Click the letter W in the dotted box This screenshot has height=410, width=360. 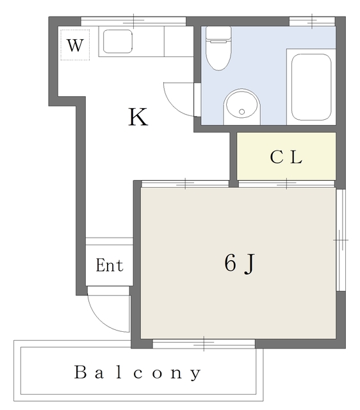coord(76,45)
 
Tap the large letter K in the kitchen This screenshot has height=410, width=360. coord(138,117)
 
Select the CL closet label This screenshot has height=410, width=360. coord(286,157)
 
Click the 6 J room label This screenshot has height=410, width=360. coord(239,263)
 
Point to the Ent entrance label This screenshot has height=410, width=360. coord(110,265)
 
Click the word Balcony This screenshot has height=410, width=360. coord(138,373)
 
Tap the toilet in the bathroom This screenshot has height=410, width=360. coord(218,49)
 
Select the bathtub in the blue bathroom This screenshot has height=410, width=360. coord(311,87)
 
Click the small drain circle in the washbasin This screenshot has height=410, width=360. coord(242,112)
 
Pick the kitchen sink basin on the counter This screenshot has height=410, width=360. coord(118,41)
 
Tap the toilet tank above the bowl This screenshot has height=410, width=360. coord(218,33)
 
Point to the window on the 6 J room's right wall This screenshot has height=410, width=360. coord(340,240)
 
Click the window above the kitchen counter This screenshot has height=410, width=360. coord(133,21)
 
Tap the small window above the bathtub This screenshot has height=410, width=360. coord(312,21)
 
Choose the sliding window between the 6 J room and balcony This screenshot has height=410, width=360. coord(204,344)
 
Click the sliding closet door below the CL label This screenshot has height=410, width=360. coord(286,184)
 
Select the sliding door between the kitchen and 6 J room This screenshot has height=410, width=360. coord(185,184)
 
